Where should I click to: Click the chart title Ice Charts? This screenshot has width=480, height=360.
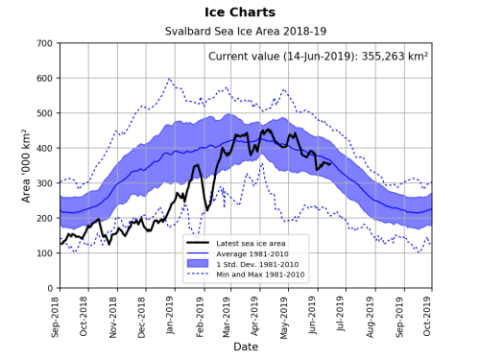246,12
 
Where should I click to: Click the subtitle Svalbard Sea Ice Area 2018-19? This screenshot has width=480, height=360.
246,32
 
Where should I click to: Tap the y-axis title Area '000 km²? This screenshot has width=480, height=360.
26,165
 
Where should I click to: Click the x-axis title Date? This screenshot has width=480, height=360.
246,346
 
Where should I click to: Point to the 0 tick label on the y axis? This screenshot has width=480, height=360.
51,288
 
